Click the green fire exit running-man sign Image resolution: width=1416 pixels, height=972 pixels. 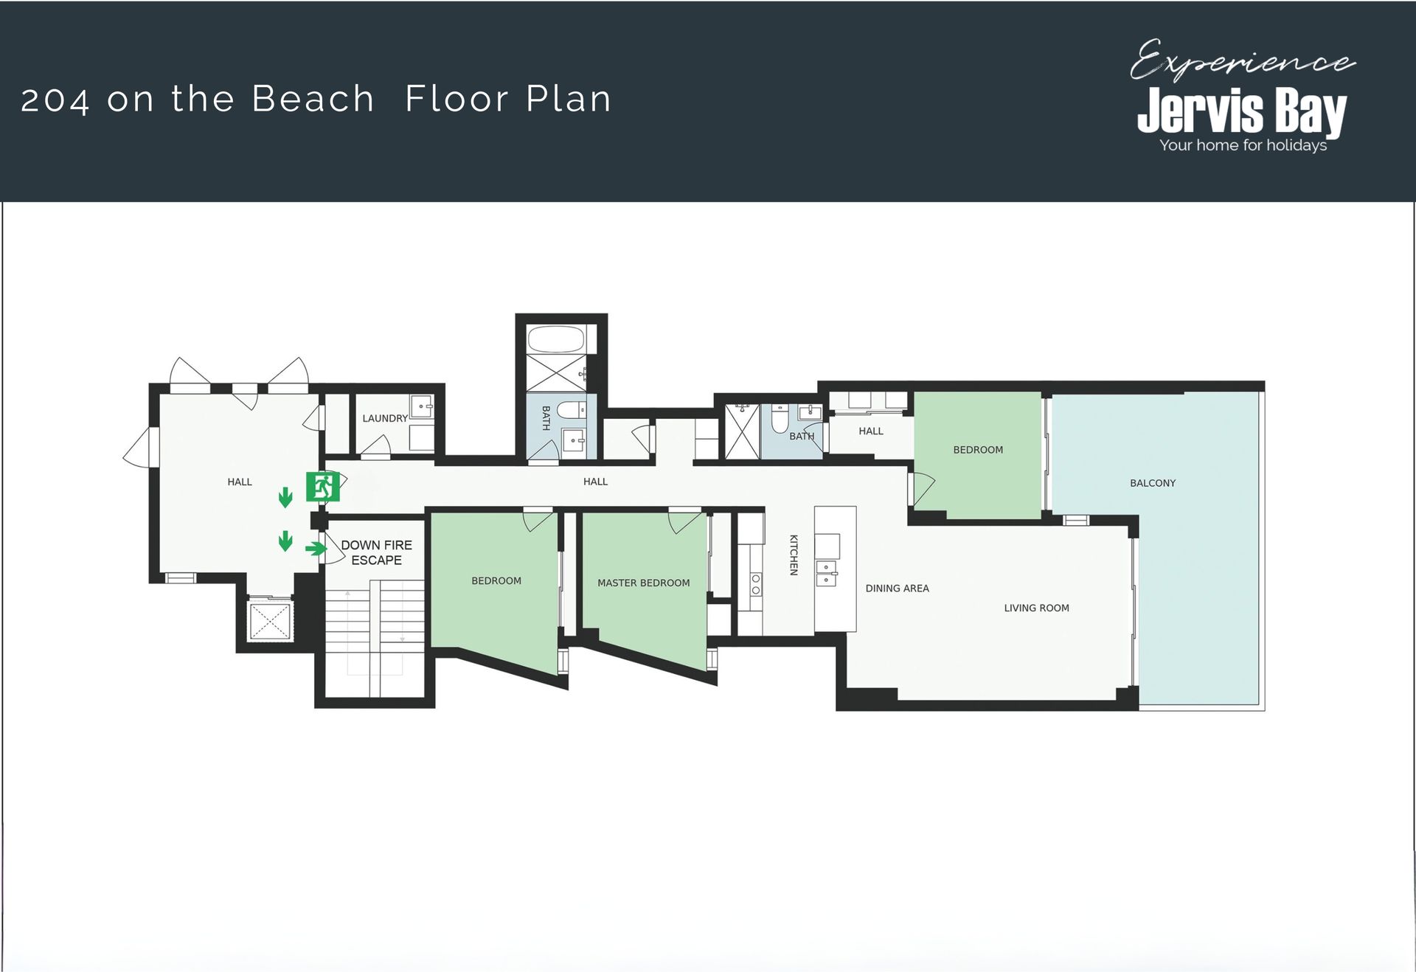323,487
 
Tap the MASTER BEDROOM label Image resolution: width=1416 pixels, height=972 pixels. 644,583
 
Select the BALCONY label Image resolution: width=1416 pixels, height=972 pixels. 1153,483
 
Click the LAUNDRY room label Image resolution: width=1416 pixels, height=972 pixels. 385,418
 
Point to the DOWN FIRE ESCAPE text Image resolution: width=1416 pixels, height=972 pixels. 376,552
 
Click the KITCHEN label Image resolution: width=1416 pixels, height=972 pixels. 794,555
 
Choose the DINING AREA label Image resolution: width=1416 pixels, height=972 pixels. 898,589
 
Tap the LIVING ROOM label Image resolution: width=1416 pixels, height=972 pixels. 1037,608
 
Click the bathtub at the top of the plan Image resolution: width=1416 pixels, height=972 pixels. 557,340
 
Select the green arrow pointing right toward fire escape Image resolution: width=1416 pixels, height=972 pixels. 316,548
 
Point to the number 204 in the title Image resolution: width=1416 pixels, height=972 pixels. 55,100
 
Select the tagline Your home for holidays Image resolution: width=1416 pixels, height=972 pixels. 1243,145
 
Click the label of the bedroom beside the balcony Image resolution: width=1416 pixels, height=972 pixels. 978,450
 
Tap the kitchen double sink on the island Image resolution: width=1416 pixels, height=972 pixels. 826,573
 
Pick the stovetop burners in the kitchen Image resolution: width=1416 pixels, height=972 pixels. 756,584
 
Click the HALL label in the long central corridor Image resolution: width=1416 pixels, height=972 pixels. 595,482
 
